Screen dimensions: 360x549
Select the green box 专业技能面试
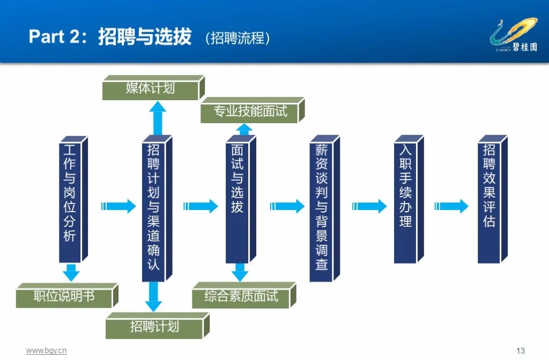click(x=250, y=111)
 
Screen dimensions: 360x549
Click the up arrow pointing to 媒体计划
click(x=158, y=118)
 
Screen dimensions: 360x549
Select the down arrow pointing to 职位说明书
click(x=70, y=272)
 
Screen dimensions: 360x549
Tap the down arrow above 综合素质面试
click(x=239, y=272)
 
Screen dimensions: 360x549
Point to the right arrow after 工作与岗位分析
click(x=118, y=206)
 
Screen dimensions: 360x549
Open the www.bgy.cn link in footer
click(x=46, y=350)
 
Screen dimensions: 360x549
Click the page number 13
click(x=520, y=351)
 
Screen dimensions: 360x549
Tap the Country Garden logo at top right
click(x=513, y=35)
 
